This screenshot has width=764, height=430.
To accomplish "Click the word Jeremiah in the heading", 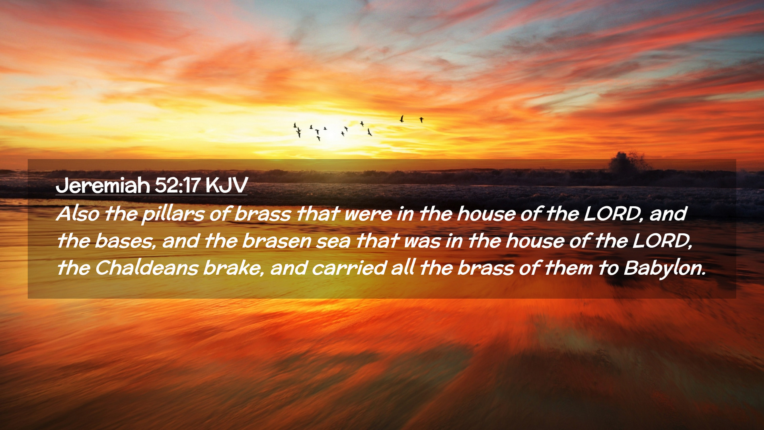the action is pyautogui.click(x=103, y=186).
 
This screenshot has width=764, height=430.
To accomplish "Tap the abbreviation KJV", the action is pyautogui.click(x=227, y=186).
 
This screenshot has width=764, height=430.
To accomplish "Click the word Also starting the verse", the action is pyautogui.click(x=78, y=214).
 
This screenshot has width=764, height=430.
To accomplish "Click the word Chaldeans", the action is pyautogui.click(x=146, y=268).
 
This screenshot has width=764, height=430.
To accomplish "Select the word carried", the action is pyautogui.click(x=349, y=268).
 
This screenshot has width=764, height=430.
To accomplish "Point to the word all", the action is pyautogui.click(x=403, y=268).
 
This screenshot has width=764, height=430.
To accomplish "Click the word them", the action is pyautogui.click(x=569, y=268).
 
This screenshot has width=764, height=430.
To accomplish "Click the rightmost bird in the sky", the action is pyautogui.click(x=421, y=119).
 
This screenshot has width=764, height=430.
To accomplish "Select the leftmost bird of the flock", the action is pyautogui.click(x=295, y=125).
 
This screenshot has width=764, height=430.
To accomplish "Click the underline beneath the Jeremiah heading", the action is pyautogui.click(x=152, y=195).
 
